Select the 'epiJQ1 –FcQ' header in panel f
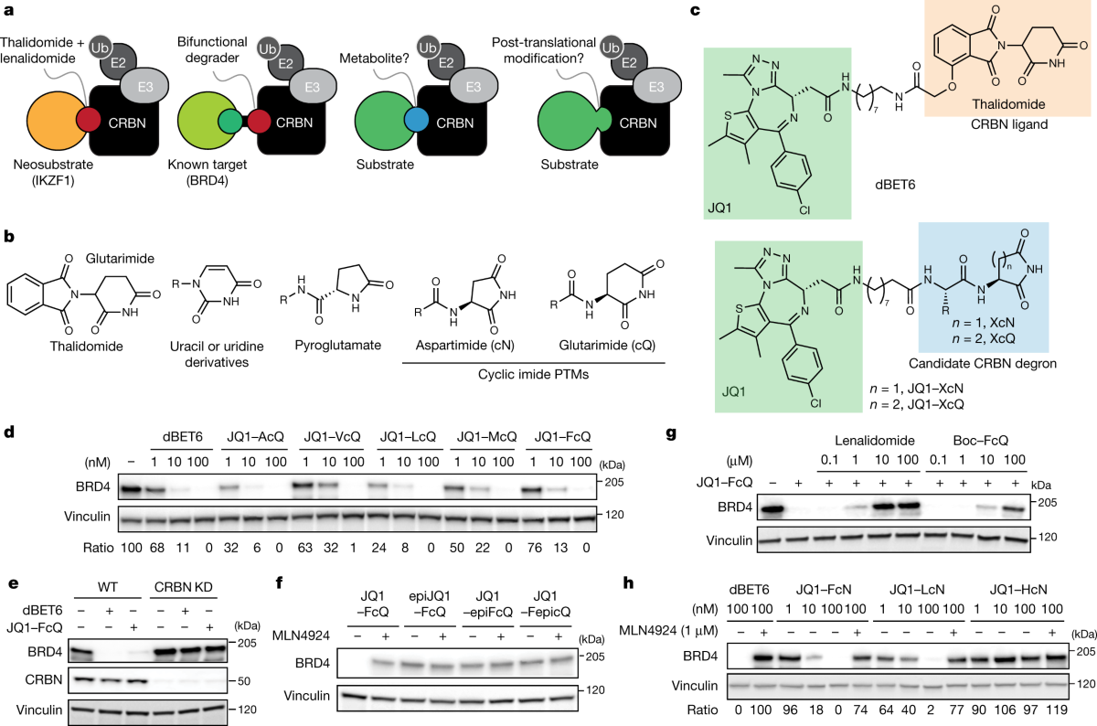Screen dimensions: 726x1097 tap(434, 606)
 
